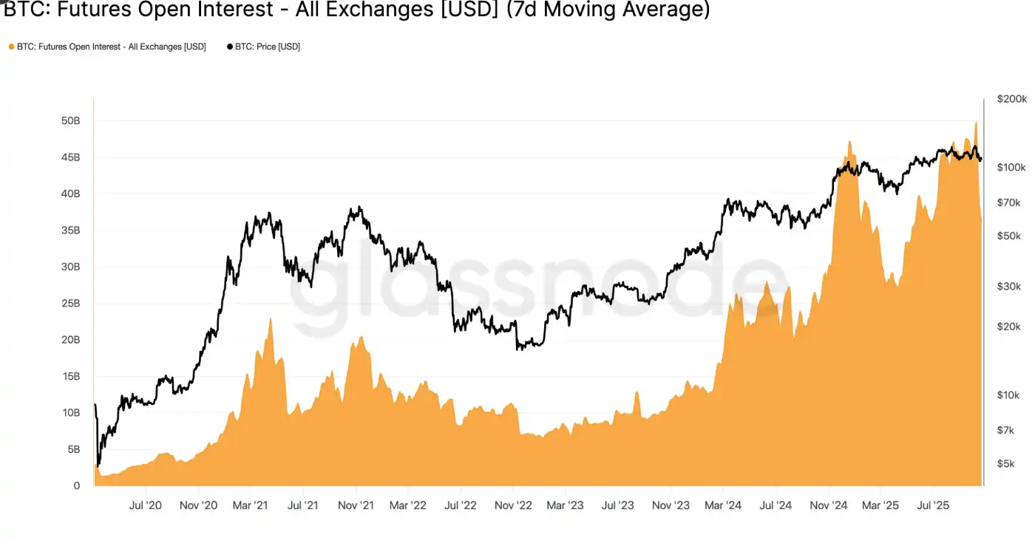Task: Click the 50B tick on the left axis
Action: [x=70, y=120]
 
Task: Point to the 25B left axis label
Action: [x=70, y=304]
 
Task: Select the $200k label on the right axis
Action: [x=1011, y=99]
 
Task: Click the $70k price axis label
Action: [x=1009, y=202]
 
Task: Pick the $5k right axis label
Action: [x=1006, y=464]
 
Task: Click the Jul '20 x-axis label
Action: [x=145, y=506]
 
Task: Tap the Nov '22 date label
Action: [x=514, y=506]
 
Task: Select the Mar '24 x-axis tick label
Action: [x=723, y=506]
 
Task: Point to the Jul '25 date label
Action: [x=933, y=506]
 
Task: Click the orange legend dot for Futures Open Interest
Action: [x=11, y=47]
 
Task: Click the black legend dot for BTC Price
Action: [x=229, y=47]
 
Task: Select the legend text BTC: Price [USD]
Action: [x=268, y=47]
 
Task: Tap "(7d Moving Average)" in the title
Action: [x=608, y=10]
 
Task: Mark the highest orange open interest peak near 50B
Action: [x=976, y=123]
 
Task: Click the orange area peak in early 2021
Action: [x=270, y=319]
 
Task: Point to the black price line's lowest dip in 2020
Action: [x=99, y=465]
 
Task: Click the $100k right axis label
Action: [x=1011, y=168]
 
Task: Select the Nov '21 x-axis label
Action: [x=356, y=506]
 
